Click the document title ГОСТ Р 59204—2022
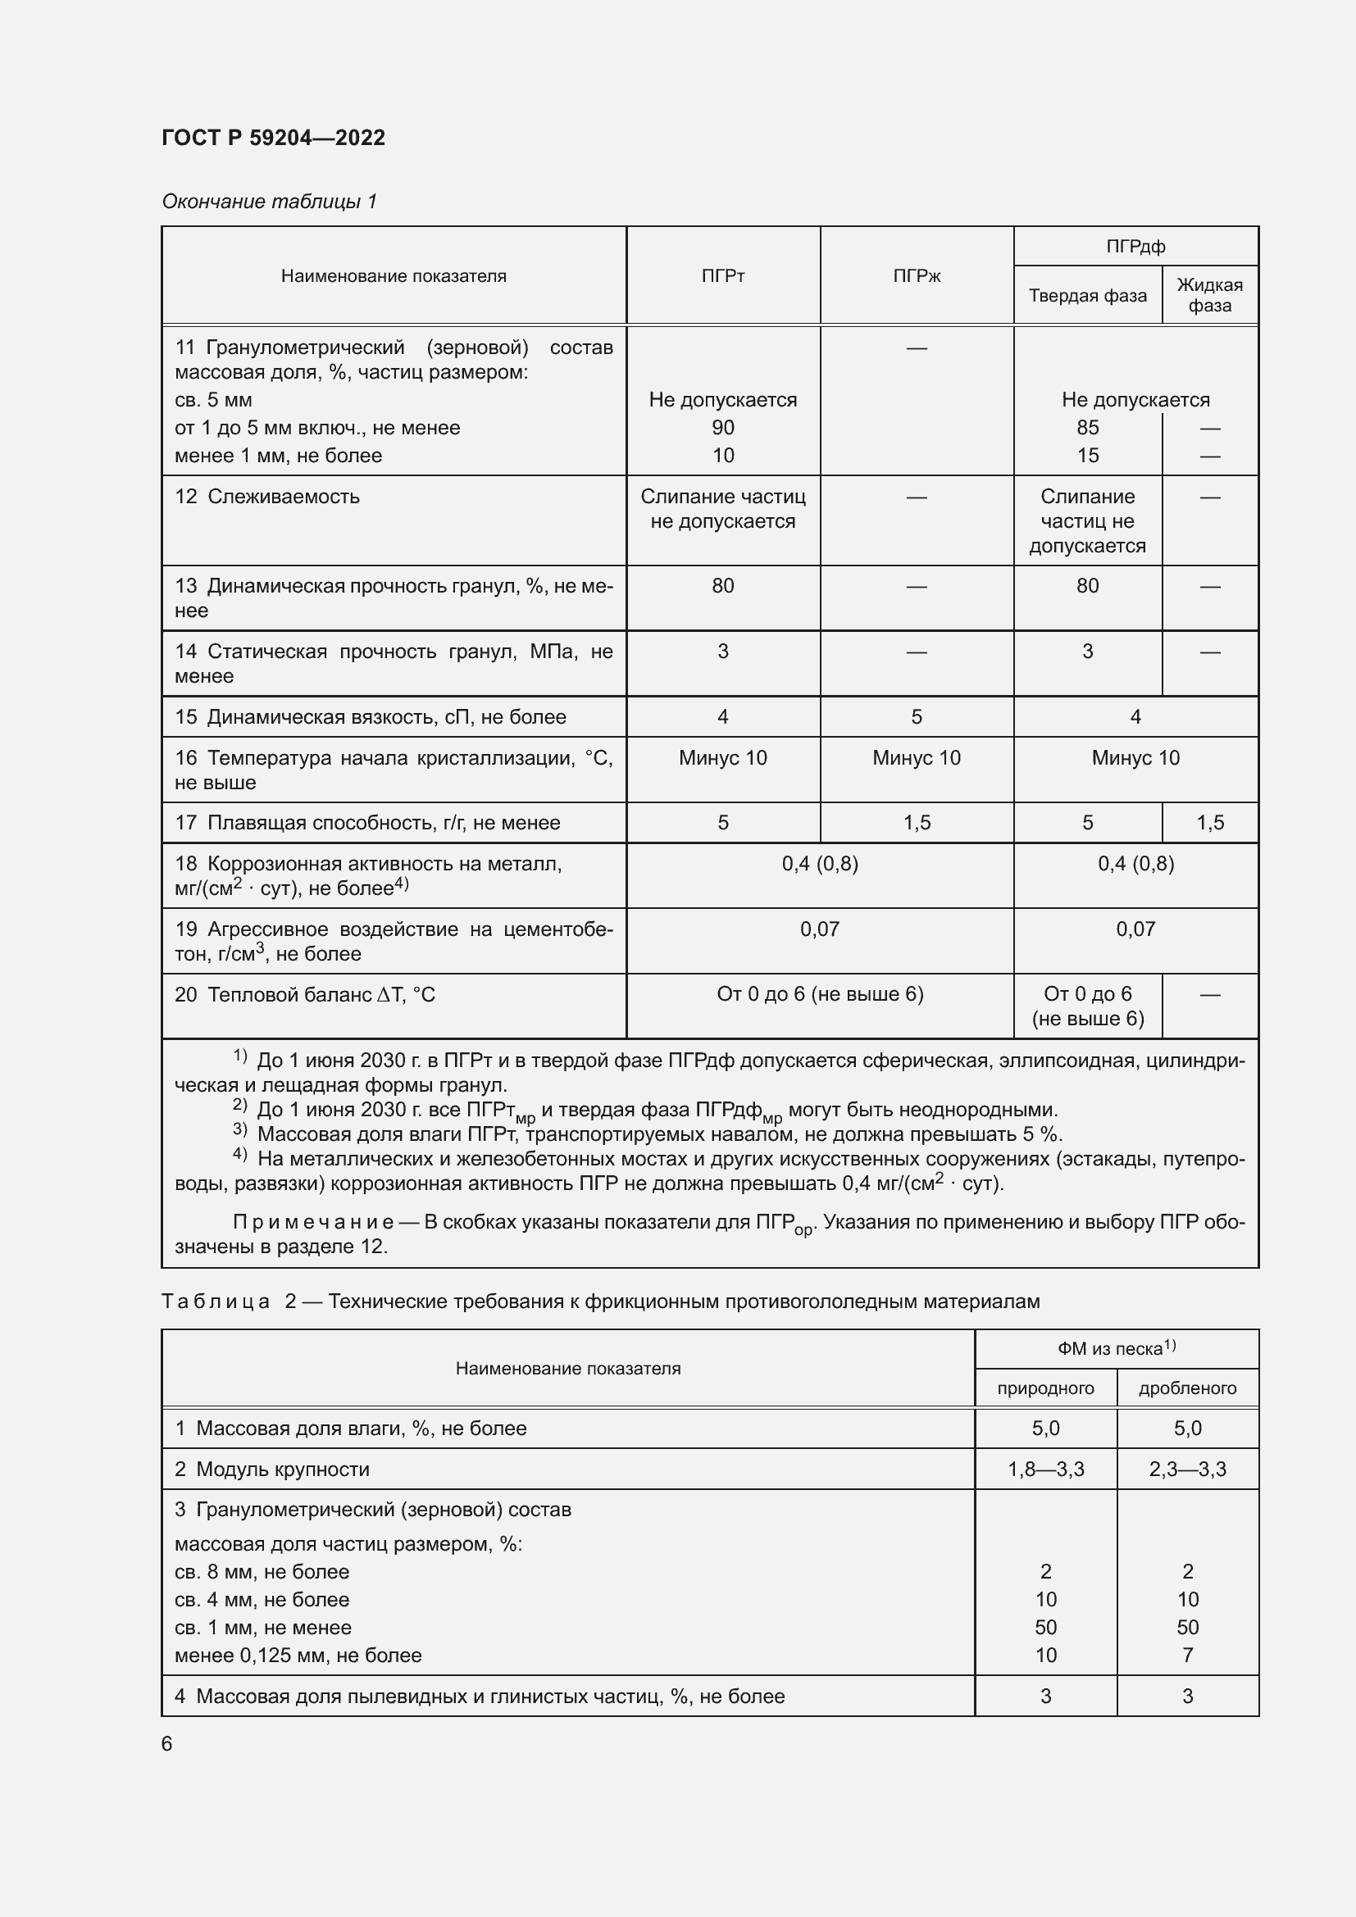(x=273, y=138)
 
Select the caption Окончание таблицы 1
(x=269, y=202)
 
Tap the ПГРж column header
(x=916, y=275)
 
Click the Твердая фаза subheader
(x=1087, y=296)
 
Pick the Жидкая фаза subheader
(x=1209, y=295)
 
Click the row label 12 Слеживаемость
(x=267, y=497)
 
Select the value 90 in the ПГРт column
(x=722, y=428)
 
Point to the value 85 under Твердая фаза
(x=1087, y=428)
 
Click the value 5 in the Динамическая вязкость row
(x=916, y=716)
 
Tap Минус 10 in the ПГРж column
(x=916, y=758)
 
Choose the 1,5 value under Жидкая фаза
(x=1209, y=822)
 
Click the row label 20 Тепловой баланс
(x=305, y=994)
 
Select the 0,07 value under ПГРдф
(x=1135, y=929)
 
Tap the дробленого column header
(x=1186, y=1388)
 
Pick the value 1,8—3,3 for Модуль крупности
(x=1045, y=1469)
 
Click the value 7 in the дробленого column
(x=1186, y=1655)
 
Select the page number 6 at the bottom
(x=167, y=1743)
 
